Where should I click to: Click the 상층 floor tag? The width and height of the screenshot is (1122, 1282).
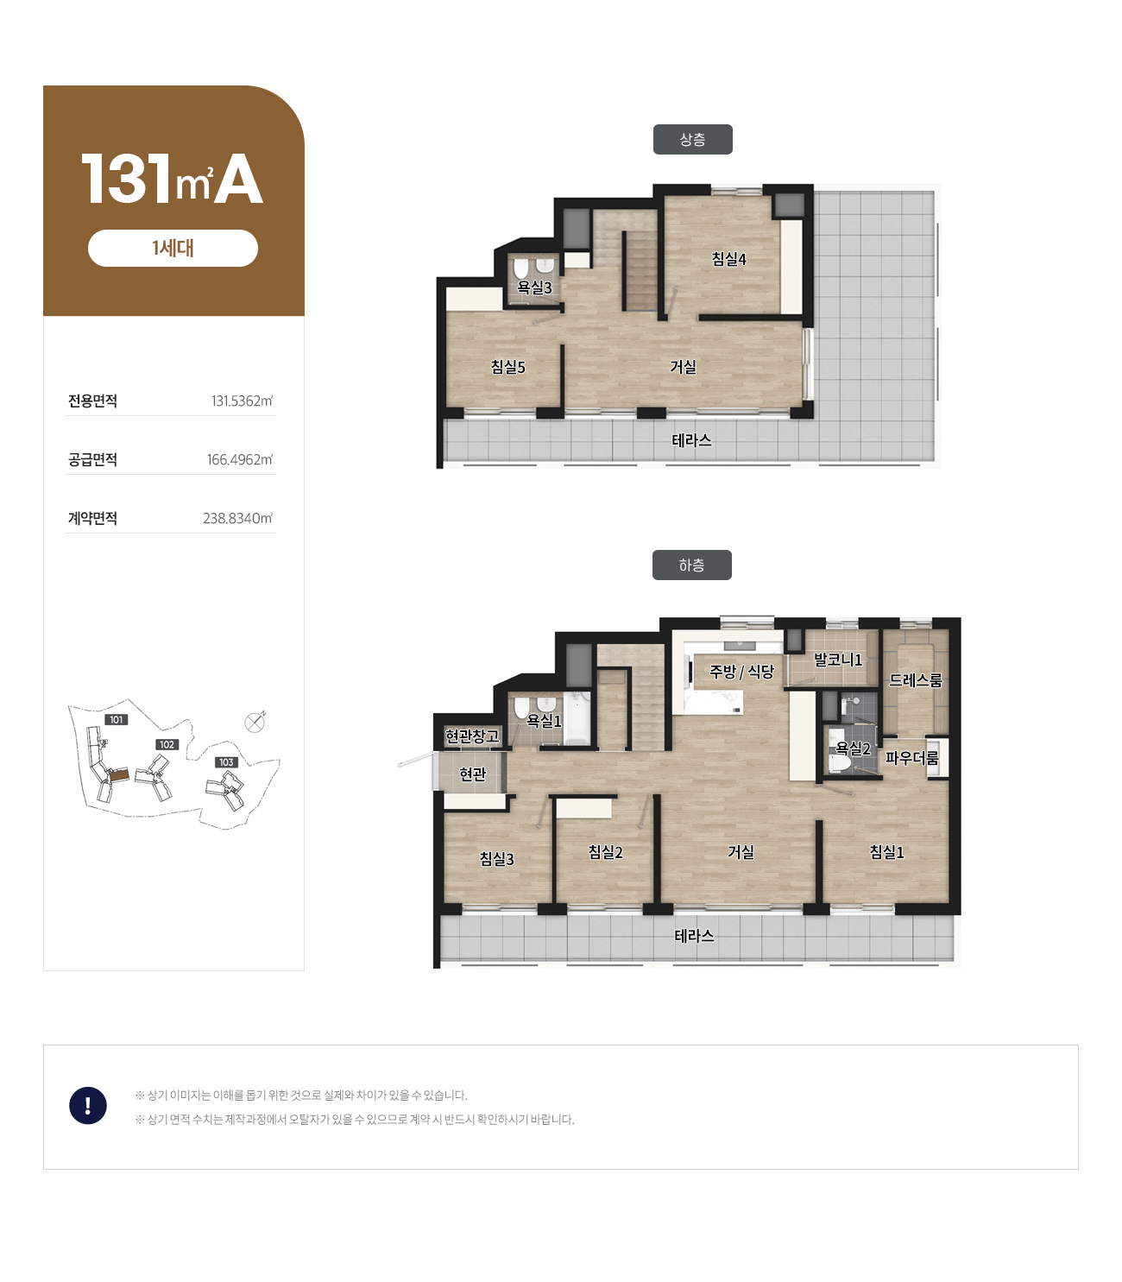tap(692, 139)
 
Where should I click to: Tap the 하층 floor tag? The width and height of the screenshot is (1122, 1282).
tap(691, 565)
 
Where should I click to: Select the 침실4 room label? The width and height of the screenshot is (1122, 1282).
tap(728, 259)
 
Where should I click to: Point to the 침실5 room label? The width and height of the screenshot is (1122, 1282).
tap(507, 367)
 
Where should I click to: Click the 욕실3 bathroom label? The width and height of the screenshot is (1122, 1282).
tap(533, 287)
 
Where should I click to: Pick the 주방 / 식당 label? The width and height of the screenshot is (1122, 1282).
tap(741, 672)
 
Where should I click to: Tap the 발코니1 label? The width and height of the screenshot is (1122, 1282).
tap(837, 660)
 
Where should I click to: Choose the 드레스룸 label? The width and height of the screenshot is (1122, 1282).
tap(915, 680)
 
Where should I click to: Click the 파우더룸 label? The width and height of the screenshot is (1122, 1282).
tap(911, 758)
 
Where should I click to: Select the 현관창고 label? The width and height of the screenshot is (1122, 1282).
tap(472, 736)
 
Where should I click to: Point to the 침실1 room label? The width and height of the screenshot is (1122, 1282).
tap(886, 851)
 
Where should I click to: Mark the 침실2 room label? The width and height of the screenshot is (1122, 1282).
tap(605, 851)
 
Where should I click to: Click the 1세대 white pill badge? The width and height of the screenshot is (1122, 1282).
tap(173, 248)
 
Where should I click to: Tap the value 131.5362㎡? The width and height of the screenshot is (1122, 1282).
tap(242, 401)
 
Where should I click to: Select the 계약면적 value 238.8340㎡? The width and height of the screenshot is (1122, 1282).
tap(237, 518)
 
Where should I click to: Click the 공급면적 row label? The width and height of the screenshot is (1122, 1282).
tap(92, 459)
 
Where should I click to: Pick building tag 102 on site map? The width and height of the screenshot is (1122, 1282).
tap(167, 744)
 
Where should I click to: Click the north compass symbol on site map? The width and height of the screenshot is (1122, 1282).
tap(255, 723)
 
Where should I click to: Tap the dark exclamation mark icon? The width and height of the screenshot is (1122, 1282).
tap(88, 1105)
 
